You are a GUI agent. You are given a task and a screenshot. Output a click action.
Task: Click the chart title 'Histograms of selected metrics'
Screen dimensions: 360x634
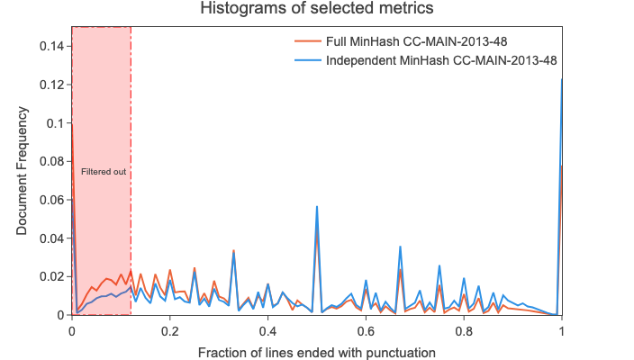[317, 10]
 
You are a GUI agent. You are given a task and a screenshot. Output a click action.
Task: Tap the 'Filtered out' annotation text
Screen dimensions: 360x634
[104, 171]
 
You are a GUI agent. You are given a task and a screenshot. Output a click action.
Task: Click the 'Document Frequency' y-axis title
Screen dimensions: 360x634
[22, 171]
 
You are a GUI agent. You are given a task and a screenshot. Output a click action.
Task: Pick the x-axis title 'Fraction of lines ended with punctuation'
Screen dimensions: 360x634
[317, 352]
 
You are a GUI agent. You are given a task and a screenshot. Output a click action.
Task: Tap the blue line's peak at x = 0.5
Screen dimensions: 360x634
[317, 206]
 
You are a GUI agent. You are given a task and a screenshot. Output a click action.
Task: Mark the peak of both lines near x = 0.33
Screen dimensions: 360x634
[234, 252]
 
